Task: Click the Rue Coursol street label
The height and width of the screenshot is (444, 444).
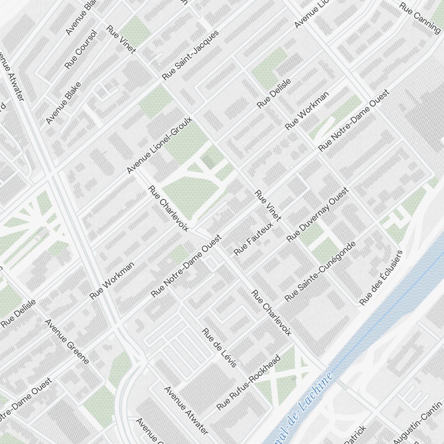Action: click(x=80, y=49)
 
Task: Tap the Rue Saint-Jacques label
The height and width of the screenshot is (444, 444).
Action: click(x=190, y=55)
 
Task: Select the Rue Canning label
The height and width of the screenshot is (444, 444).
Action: click(x=420, y=17)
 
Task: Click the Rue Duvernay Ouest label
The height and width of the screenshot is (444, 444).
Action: click(x=318, y=215)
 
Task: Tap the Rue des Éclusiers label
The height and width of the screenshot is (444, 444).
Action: click(x=381, y=278)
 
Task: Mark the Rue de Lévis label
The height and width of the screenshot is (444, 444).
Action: click(x=219, y=348)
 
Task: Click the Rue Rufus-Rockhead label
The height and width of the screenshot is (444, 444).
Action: click(x=249, y=382)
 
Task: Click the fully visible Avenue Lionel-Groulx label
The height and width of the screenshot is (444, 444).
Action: click(x=159, y=145)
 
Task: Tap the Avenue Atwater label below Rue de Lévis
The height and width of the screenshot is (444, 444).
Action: click(x=186, y=410)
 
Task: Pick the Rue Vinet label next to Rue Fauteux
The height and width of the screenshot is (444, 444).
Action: click(x=268, y=205)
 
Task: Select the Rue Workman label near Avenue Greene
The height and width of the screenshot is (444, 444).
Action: click(x=112, y=280)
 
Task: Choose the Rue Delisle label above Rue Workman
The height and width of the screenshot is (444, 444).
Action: click(x=274, y=93)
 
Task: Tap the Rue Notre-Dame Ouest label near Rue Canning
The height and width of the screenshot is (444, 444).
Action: click(x=354, y=120)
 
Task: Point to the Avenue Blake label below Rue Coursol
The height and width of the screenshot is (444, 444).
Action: click(x=63, y=103)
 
